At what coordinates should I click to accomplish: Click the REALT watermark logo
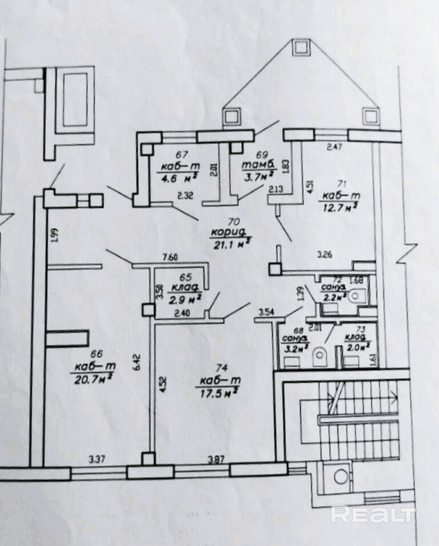372,514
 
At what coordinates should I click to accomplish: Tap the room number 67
181,154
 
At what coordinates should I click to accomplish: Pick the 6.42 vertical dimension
136,362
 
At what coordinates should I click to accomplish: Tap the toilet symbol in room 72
358,295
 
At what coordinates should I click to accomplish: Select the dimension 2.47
335,147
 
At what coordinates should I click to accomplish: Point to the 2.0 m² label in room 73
358,345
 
